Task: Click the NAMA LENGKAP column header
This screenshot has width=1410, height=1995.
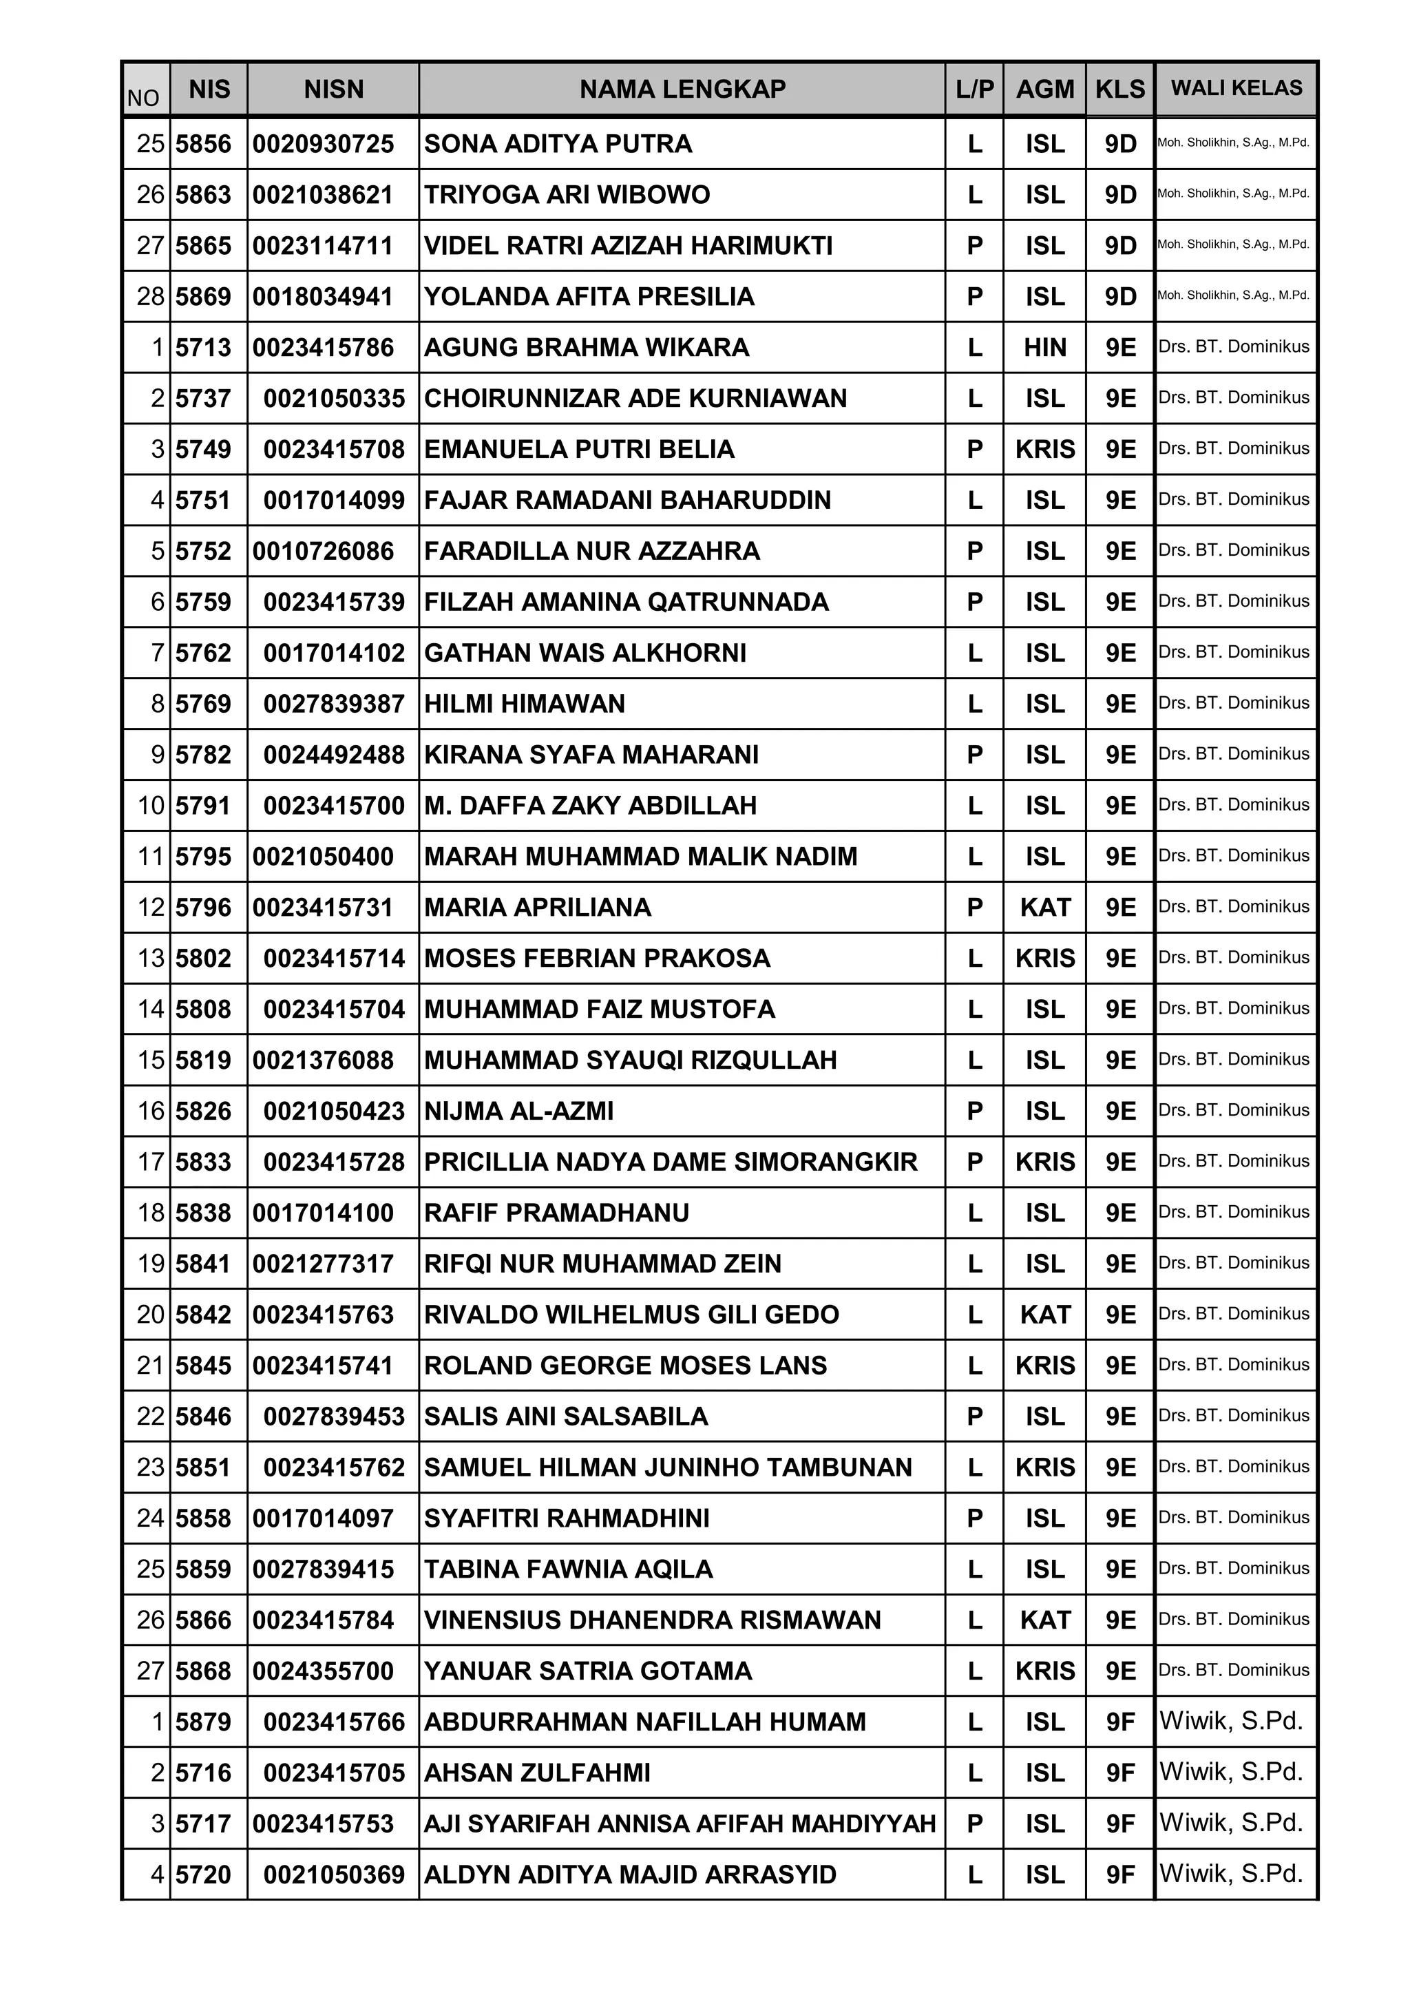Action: tap(682, 89)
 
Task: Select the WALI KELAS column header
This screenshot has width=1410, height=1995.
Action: tap(1237, 87)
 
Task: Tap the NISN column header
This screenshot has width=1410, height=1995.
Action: tap(334, 89)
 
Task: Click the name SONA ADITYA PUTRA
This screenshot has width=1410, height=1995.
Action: tap(558, 143)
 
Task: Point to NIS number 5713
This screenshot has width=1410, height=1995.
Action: tap(203, 348)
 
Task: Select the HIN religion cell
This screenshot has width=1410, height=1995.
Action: tap(1044, 348)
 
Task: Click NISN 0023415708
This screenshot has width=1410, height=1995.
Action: tap(334, 449)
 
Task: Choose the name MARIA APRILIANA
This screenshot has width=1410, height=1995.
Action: tap(537, 907)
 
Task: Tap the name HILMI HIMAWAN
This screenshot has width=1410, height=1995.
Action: tap(524, 704)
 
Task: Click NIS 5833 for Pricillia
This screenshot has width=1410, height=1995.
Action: tap(203, 1162)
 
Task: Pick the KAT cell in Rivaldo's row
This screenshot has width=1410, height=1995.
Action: tap(1044, 1315)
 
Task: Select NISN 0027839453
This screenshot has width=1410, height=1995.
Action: tap(334, 1417)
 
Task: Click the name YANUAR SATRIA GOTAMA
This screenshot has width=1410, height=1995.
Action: tap(587, 1671)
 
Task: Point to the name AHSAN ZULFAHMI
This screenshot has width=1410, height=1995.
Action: tap(537, 1773)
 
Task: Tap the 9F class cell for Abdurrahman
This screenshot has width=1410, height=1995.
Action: tap(1121, 1722)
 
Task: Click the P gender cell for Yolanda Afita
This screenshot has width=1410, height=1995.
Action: tap(975, 296)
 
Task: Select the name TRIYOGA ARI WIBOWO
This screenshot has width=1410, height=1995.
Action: tap(567, 195)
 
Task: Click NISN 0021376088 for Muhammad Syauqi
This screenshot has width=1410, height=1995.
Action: tap(323, 1060)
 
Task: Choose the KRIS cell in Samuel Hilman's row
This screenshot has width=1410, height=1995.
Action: tap(1044, 1467)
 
